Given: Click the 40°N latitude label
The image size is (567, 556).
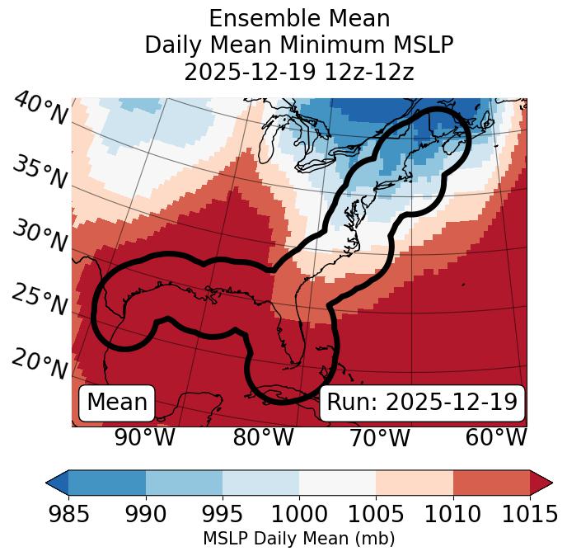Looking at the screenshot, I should point(40,109).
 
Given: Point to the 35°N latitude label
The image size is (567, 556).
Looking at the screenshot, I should point(40,172).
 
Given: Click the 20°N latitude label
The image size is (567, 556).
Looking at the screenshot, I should point(40,362).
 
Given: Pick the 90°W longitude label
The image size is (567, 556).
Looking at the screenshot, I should point(144,438).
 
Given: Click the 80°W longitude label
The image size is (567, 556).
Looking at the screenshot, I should point(264,438).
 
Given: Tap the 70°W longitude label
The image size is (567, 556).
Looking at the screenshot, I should point(379,438).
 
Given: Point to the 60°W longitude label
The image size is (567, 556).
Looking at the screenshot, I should point(496,438).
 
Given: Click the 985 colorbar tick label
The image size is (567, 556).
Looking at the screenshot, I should point(68,514).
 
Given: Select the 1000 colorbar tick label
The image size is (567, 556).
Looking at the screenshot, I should point(299,514).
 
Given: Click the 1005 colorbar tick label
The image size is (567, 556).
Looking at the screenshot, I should point(376,514).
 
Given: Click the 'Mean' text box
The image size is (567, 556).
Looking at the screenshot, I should point(117,403).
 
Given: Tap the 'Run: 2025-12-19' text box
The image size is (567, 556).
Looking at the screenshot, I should point(422,403).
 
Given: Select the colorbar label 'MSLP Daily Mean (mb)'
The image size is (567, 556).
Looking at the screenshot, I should point(299,540).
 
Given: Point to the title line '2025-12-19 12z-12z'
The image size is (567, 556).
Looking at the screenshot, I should point(299,72).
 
